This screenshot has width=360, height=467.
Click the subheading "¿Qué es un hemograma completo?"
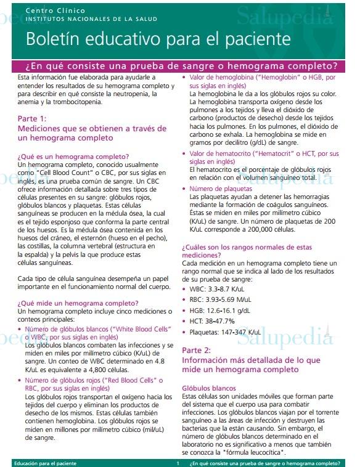(x=73, y=156)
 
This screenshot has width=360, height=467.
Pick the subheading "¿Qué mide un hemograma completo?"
(x=78, y=303)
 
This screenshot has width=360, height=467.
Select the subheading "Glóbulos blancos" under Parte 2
(x=209, y=388)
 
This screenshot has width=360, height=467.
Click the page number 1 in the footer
(x=178, y=463)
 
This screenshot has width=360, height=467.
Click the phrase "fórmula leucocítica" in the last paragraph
(x=259, y=452)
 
